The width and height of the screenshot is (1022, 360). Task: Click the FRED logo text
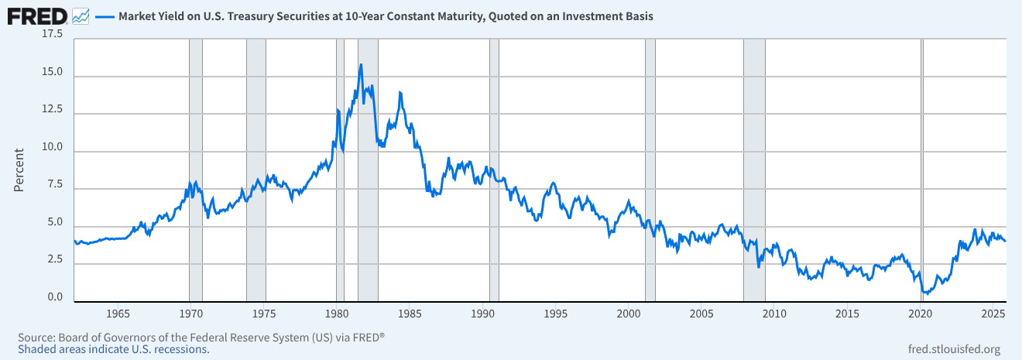(x=36, y=15)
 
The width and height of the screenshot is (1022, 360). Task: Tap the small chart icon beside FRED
(x=80, y=15)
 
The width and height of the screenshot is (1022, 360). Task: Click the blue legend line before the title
(x=105, y=15)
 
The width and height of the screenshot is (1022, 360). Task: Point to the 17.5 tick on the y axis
(x=52, y=35)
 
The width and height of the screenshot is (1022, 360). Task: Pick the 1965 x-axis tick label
(x=118, y=314)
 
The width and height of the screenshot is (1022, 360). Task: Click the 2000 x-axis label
(x=629, y=314)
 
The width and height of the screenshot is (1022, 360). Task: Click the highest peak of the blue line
(x=361, y=65)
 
